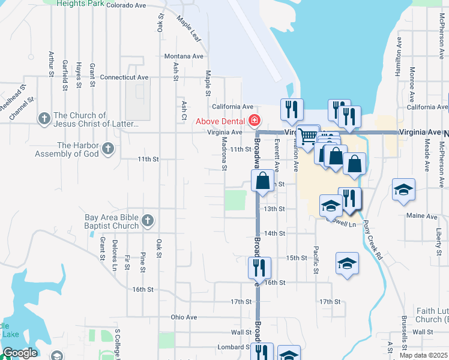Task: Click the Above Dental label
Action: pos(220,121)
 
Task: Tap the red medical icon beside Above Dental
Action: pos(255,121)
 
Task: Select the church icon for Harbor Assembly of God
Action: pos(108,148)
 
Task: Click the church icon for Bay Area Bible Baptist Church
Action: pos(148,221)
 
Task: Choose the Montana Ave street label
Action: pos(184,56)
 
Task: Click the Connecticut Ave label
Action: pos(124,77)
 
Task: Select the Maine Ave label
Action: pos(422,216)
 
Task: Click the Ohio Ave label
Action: pos(184,317)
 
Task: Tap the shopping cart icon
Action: pos(309,136)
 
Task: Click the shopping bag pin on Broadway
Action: pos(262,181)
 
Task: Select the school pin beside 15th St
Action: pos(346,265)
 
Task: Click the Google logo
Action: pos(20,353)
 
